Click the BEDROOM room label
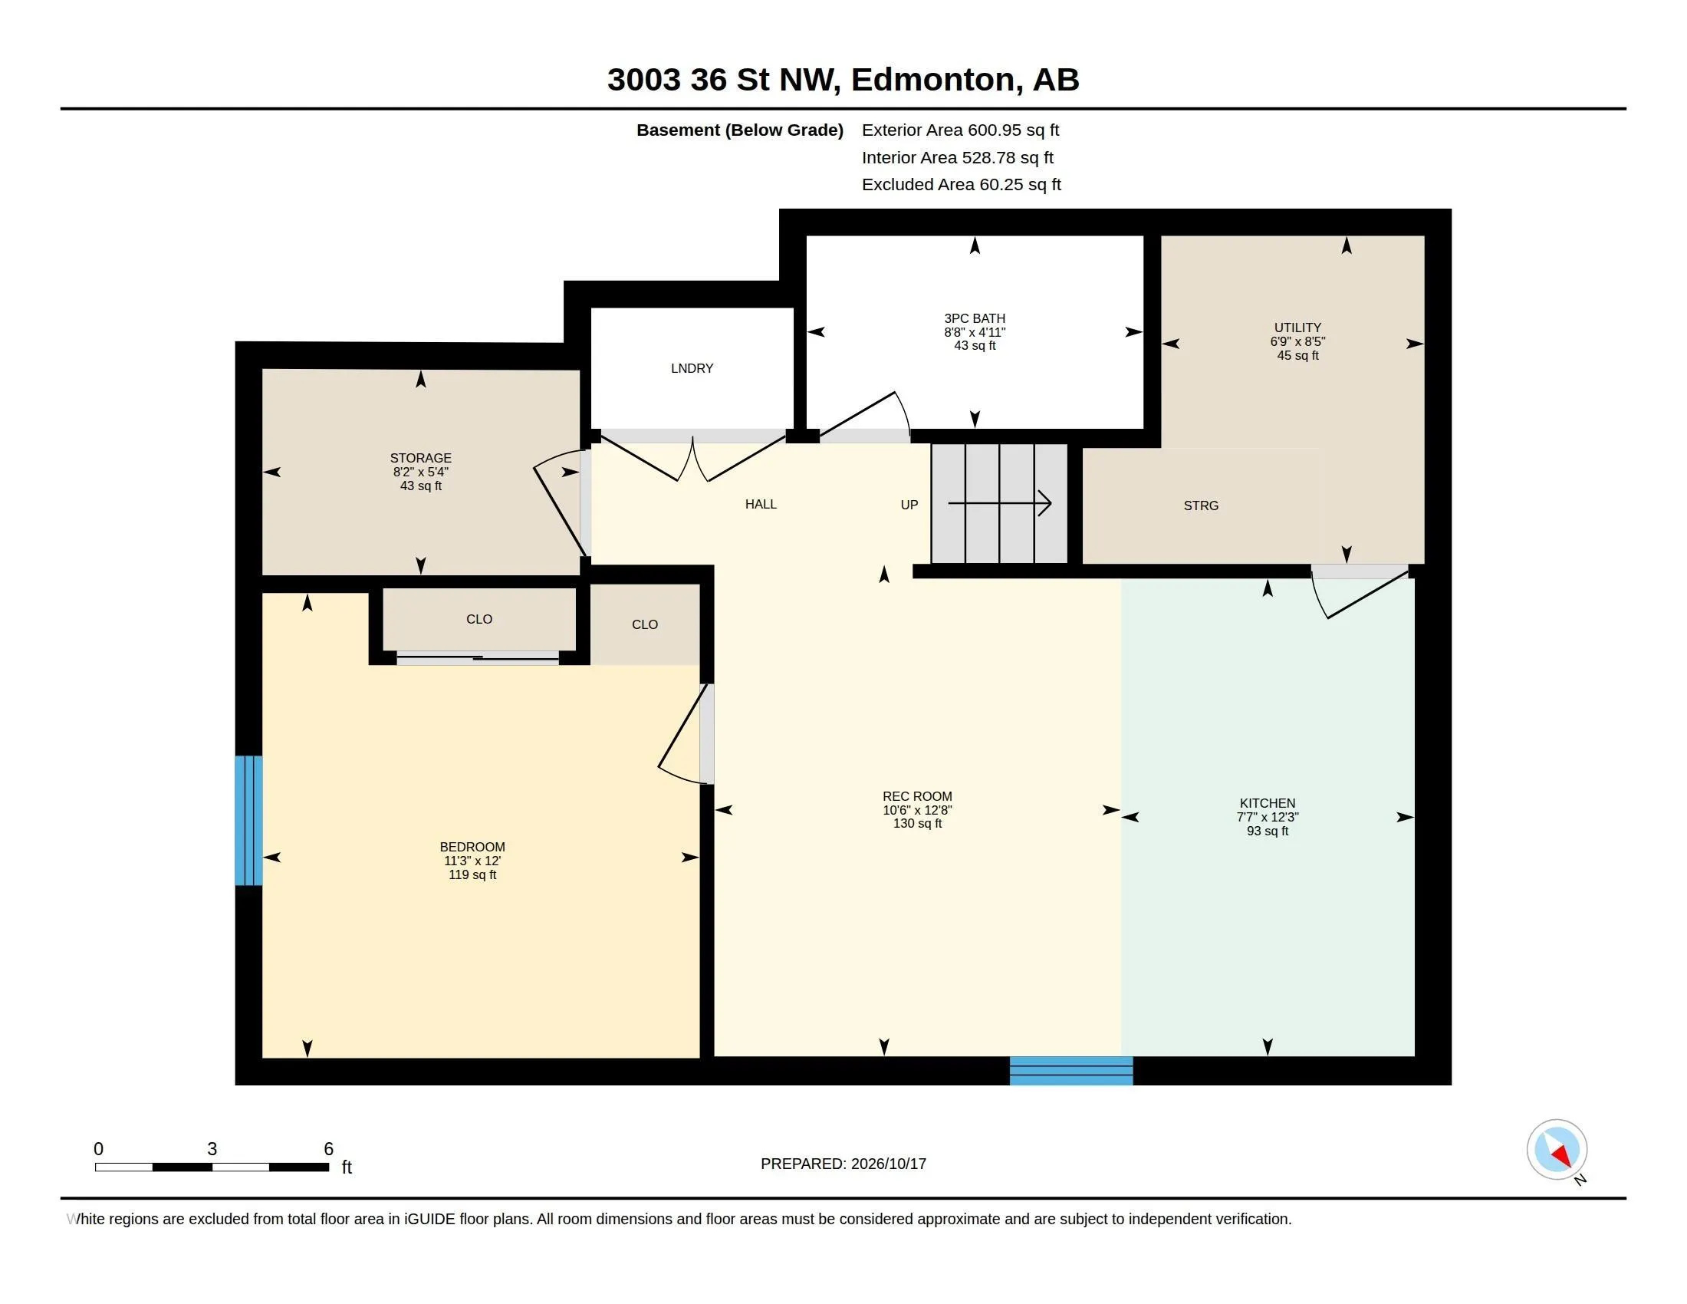pyautogui.click(x=472, y=847)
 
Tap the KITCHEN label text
pyautogui.click(x=1267, y=803)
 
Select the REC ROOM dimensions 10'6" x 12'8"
pyautogui.click(x=917, y=810)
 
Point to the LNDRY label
pyautogui.click(x=692, y=368)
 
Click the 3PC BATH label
pyautogui.click(x=974, y=318)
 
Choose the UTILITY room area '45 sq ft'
pyautogui.click(x=1297, y=355)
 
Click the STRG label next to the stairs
pyautogui.click(x=1201, y=506)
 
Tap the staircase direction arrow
pyautogui.click(x=999, y=504)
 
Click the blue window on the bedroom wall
pyautogui.click(x=248, y=821)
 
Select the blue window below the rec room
pyautogui.click(x=1071, y=1071)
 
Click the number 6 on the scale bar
pyautogui.click(x=328, y=1149)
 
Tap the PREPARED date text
pyautogui.click(x=843, y=1164)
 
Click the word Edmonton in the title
pyautogui.click(x=933, y=81)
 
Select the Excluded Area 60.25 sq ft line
pyautogui.click(x=961, y=185)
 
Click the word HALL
pyautogui.click(x=761, y=505)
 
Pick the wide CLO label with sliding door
pyautogui.click(x=479, y=620)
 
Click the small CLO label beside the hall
pyautogui.click(x=645, y=625)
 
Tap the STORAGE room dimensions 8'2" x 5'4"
pyautogui.click(x=420, y=472)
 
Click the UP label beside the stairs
pyautogui.click(x=909, y=505)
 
